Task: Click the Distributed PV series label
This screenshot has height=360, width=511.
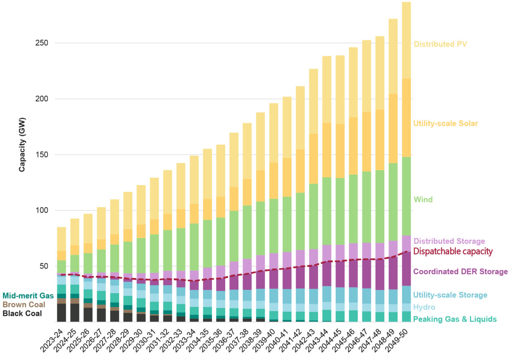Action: point(440,44)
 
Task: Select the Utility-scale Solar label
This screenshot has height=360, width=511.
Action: point(446,123)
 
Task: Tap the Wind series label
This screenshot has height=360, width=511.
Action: point(423,200)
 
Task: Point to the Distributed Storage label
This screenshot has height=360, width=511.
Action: point(449,241)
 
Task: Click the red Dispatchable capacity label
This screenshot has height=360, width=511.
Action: point(453,251)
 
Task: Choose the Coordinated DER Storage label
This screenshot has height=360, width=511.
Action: point(460,271)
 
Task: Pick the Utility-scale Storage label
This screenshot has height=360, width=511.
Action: point(450,295)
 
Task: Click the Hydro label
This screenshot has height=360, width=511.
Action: point(424,307)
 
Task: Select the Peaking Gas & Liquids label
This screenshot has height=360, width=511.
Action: point(455,319)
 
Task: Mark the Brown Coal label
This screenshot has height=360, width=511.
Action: point(24,305)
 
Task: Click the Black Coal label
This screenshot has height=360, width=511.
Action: point(22,313)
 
